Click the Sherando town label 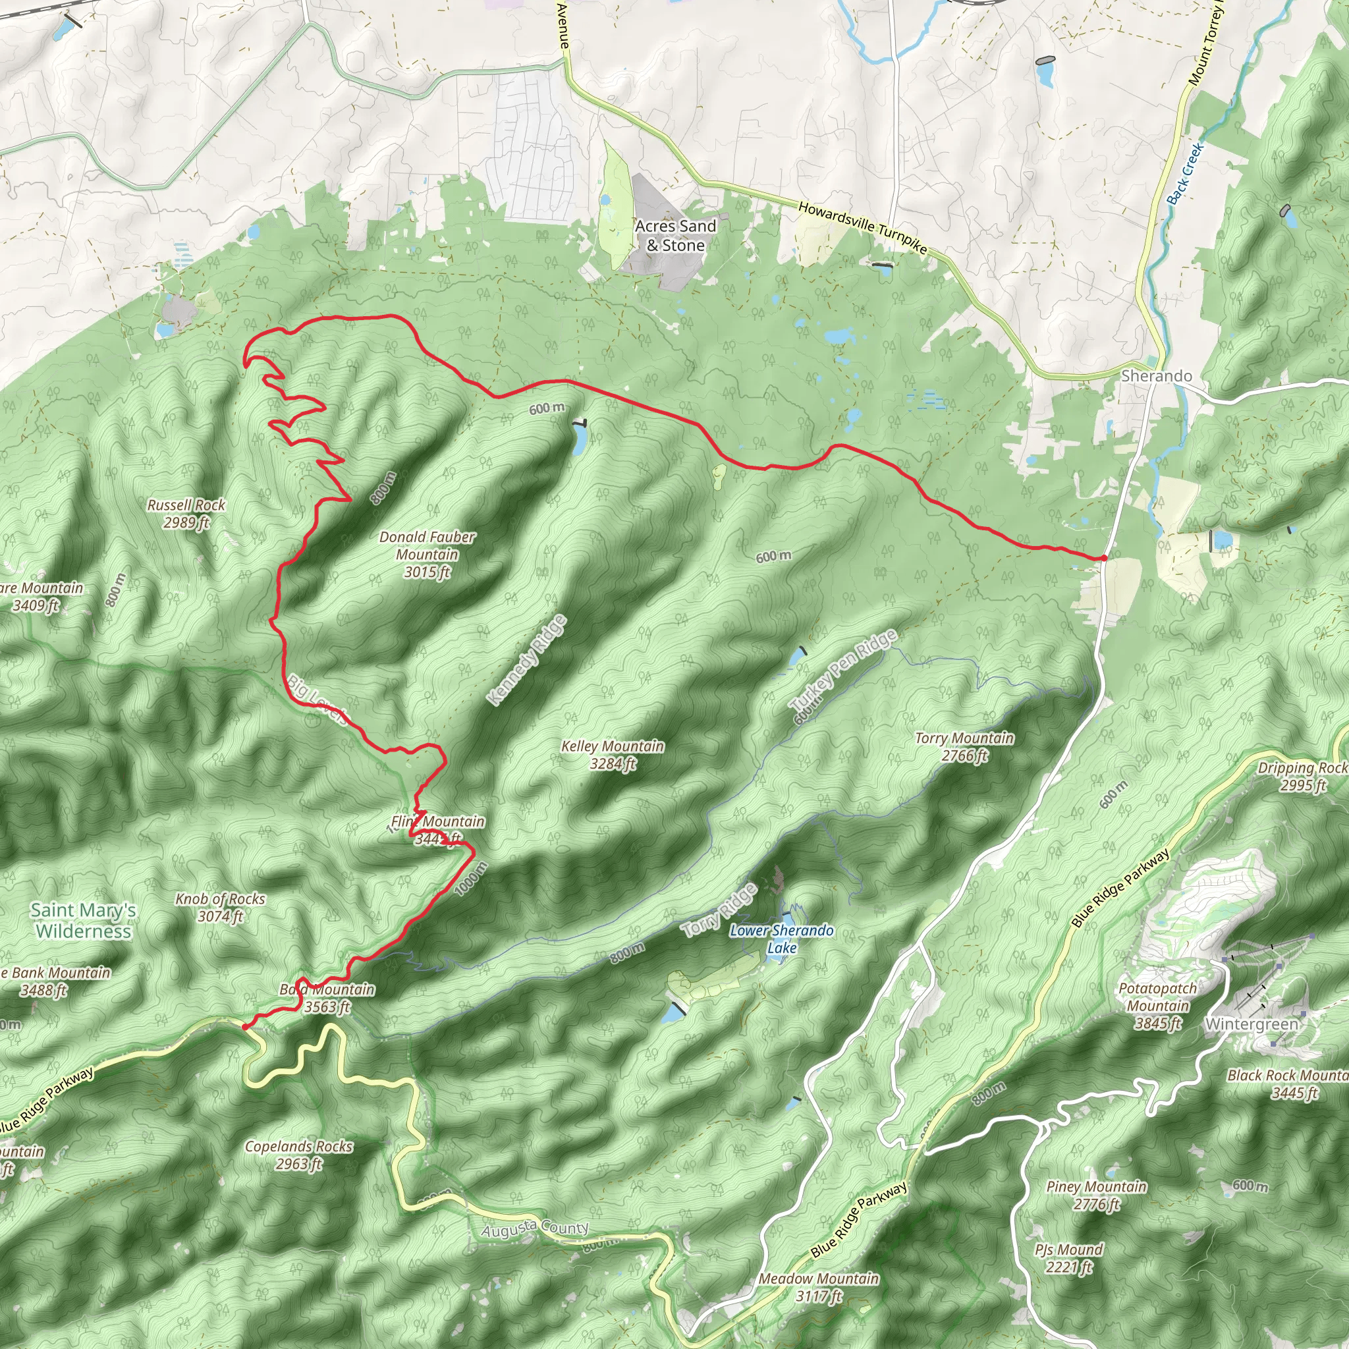pos(1156,375)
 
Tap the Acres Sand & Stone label pos(675,235)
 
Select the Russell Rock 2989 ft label pos(186,513)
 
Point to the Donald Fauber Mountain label pos(427,555)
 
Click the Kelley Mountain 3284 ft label pos(613,755)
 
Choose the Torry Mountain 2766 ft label pos(964,746)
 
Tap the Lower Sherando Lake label pos(781,939)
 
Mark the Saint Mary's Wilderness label pos(83,920)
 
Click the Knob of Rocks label pos(220,907)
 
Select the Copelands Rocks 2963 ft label pos(298,1155)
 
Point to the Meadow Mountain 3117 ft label pos(818,1287)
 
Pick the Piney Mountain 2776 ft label pos(1096,1195)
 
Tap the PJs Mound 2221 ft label pos(1069,1257)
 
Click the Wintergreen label pos(1252,1024)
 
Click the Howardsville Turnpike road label pos(862,228)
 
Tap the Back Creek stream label pos(1186,173)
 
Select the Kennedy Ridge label pos(527,660)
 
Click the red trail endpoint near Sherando pos(1103,558)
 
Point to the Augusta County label pos(535,1229)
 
